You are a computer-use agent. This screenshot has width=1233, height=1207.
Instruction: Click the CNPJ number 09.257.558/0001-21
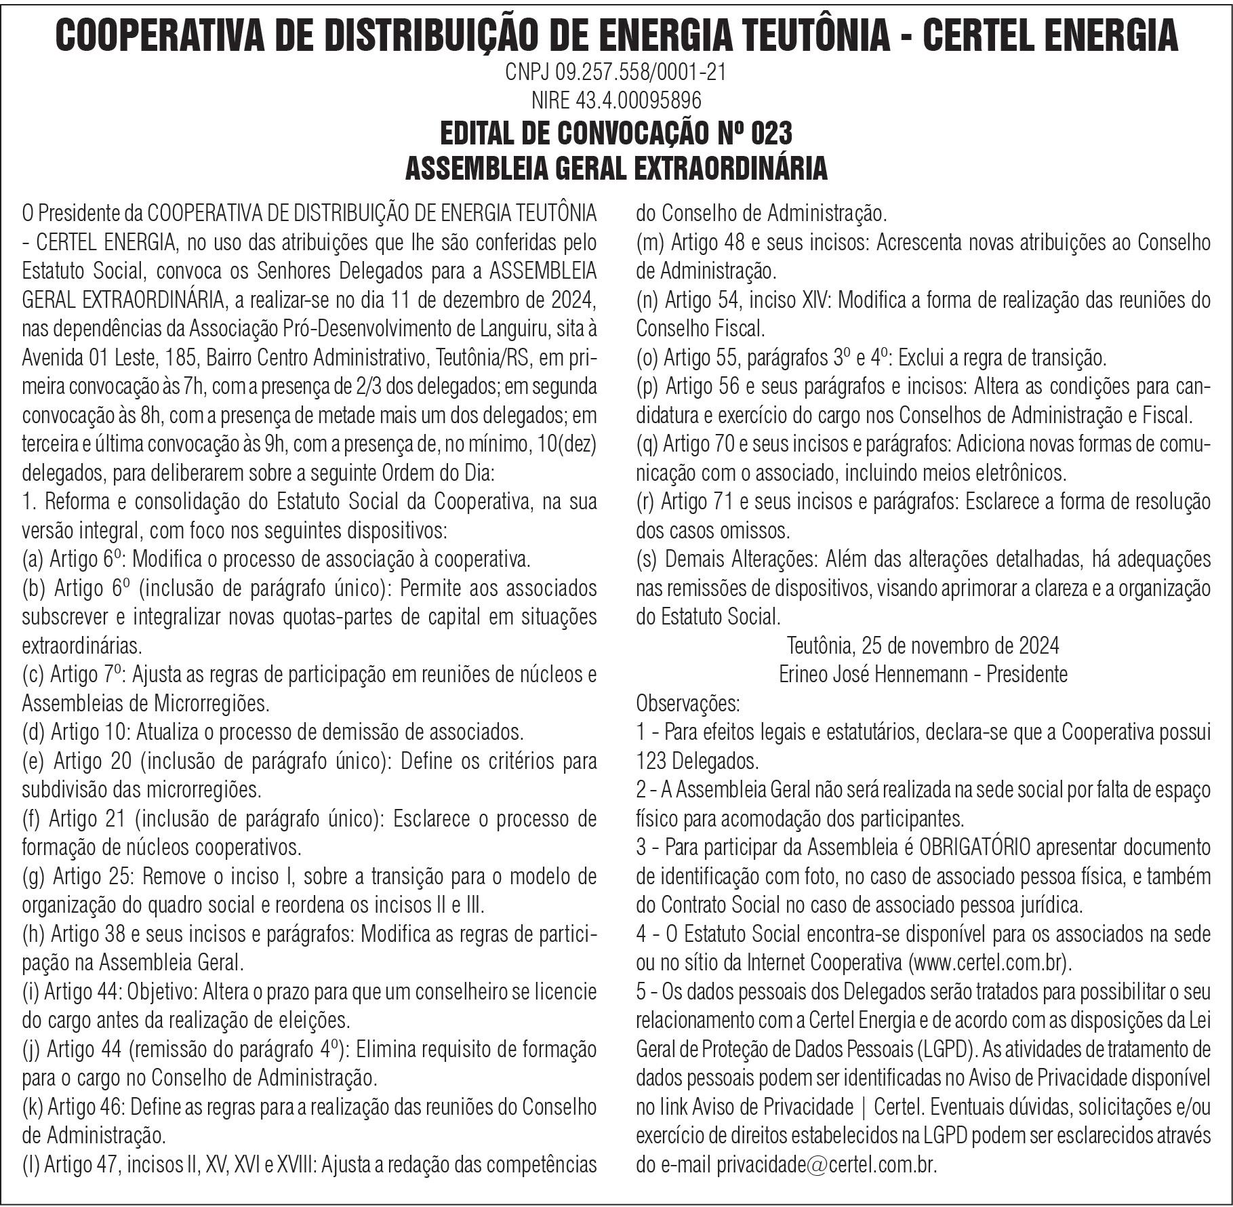click(x=640, y=72)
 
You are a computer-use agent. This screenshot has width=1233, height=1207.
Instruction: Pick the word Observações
click(x=687, y=703)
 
